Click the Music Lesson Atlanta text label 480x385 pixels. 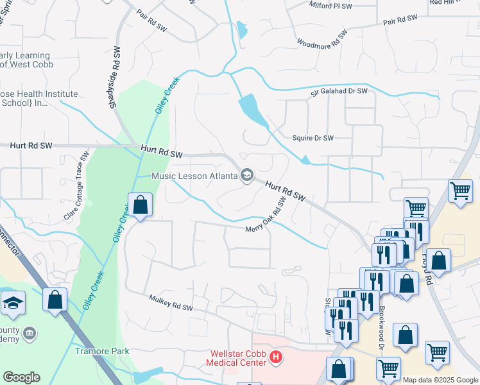[x=194, y=176]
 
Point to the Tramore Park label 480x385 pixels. [x=102, y=351]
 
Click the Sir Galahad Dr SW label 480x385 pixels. [x=339, y=92]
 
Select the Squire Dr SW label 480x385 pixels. [x=313, y=138]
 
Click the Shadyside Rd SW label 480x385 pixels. [x=116, y=77]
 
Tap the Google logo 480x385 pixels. [x=21, y=377]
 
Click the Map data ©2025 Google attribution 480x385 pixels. [x=441, y=380]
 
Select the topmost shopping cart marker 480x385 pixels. [x=460, y=191]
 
